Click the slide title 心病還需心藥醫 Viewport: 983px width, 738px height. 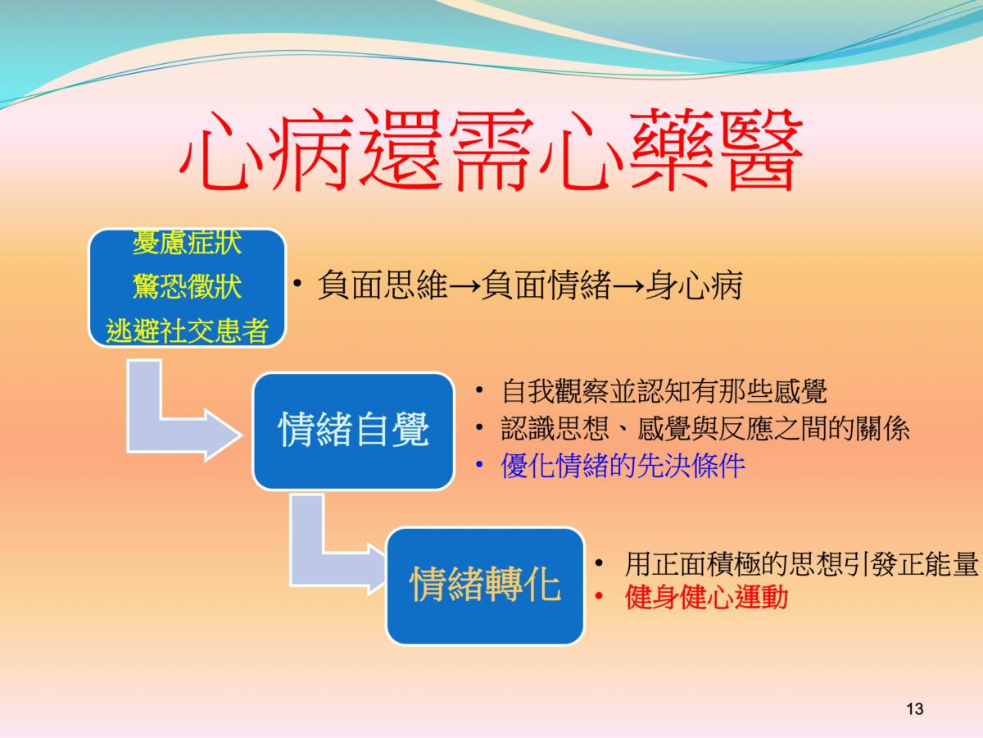tap(491, 150)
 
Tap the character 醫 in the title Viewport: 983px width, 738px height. tap(759, 150)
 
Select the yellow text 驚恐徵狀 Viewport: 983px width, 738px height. tap(188, 286)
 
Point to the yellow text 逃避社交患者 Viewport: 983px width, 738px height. tap(188, 330)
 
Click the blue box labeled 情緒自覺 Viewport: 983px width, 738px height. tap(353, 430)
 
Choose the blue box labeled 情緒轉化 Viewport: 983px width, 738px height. tap(486, 585)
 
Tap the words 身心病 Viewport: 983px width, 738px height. tap(694, 285)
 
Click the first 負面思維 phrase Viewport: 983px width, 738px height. tap(383, 285)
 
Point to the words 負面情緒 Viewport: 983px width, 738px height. tap(547, 285)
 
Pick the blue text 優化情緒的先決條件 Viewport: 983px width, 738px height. tap(623, 466)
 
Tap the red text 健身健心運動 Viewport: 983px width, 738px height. tap(706, 597)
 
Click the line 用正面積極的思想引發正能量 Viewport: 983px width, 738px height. tap(801, 563)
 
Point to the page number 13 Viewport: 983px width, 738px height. tap(915, 708)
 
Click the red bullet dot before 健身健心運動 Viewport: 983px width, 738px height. tap(599, 596)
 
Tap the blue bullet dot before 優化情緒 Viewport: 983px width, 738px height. tap(479, 465)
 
